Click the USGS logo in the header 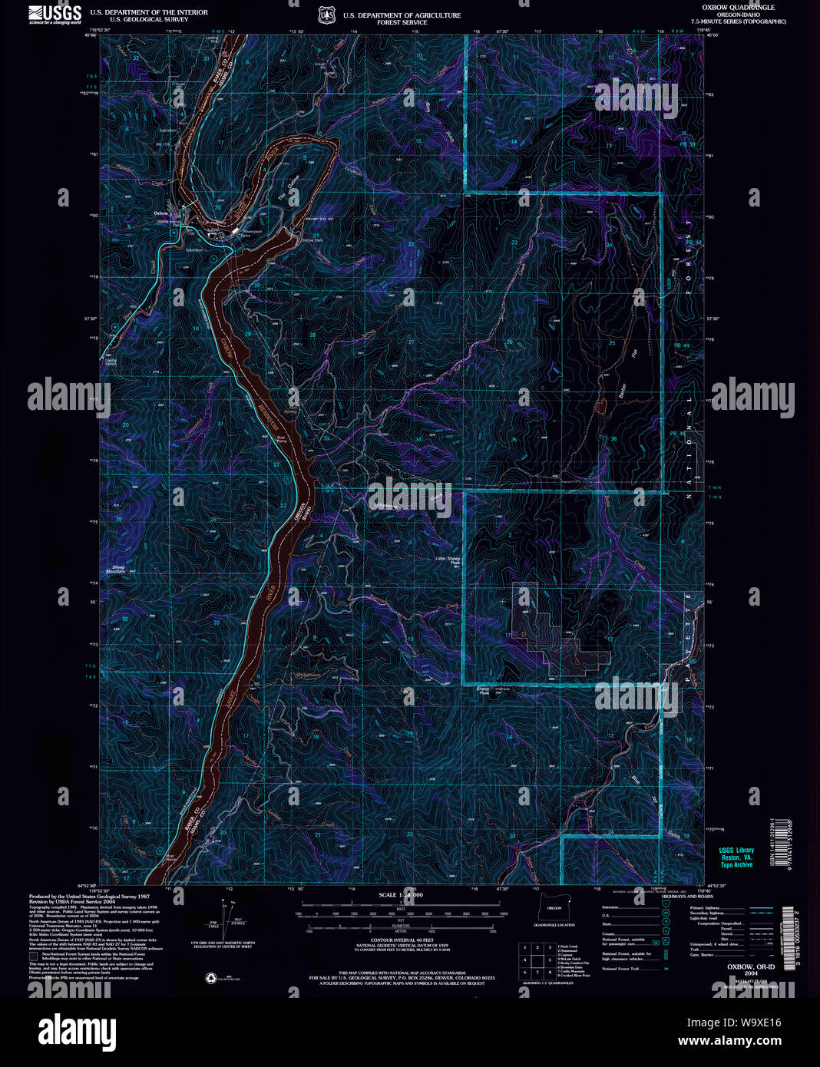point(55,14)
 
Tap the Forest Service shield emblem point(326,15)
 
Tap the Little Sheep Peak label point(448,560)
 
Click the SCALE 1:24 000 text point(401,895)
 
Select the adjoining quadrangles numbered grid point(537,959)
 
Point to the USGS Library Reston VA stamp point(736,857)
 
